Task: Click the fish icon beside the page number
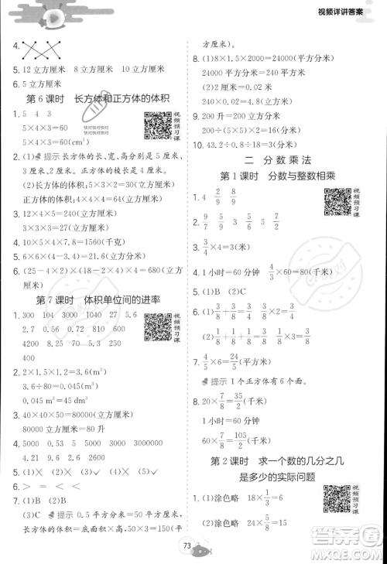(202, 551)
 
